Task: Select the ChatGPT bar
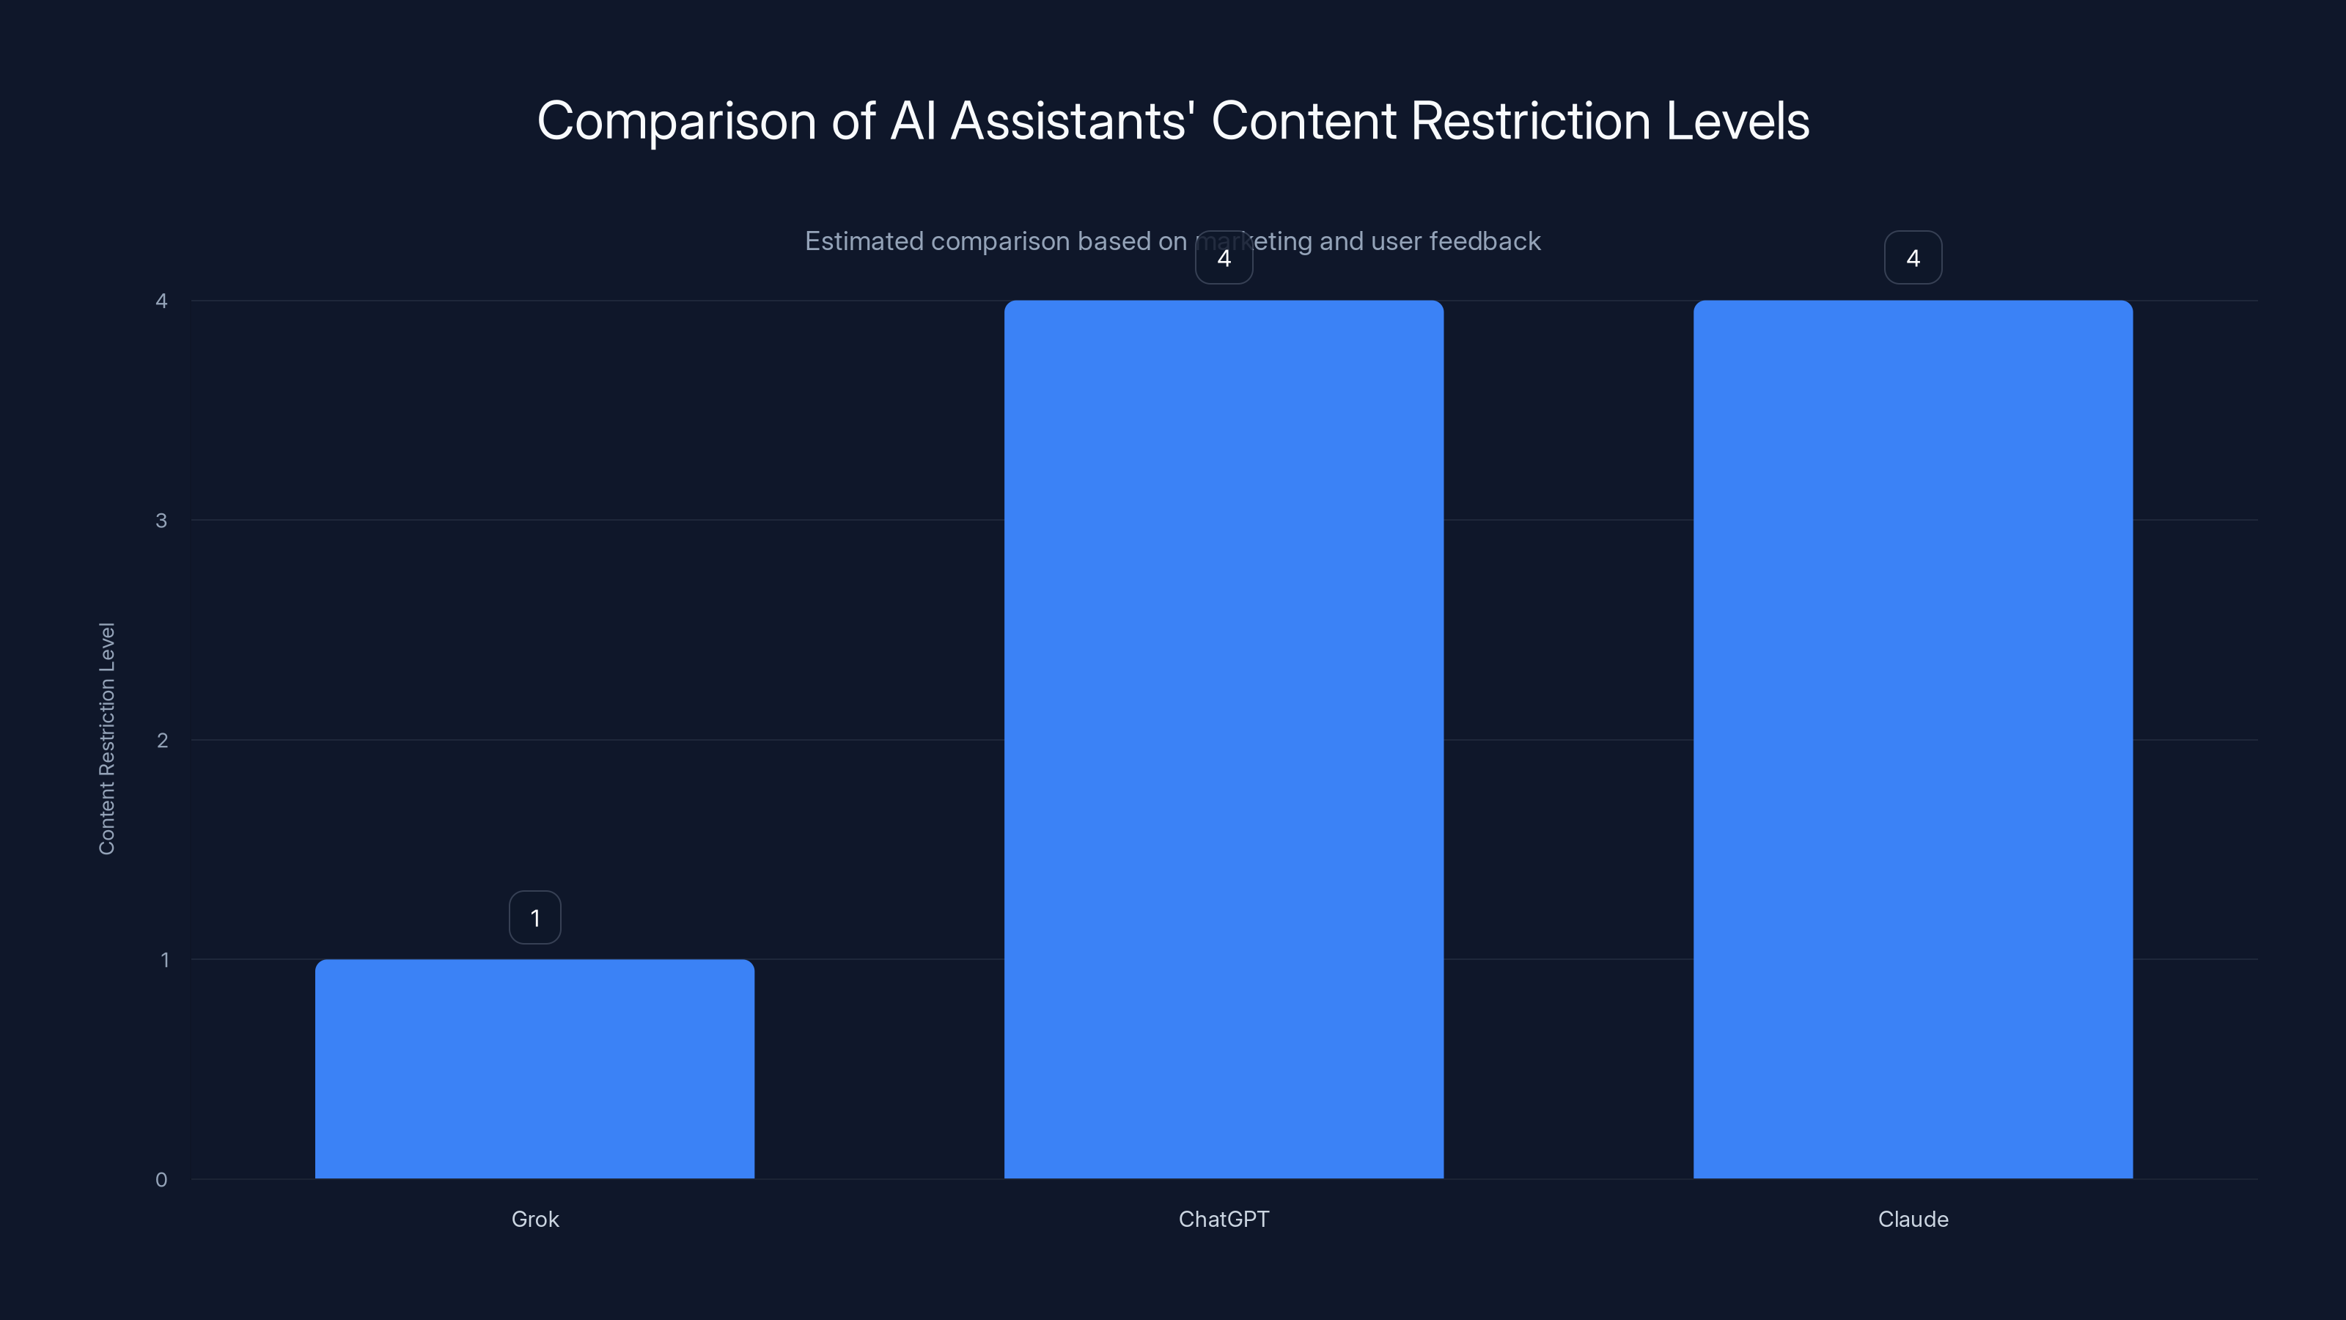1223,738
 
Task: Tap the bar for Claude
1913,738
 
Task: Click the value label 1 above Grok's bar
534,917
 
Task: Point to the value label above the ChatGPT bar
1223,258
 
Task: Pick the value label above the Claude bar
1913,258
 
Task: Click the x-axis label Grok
534,1219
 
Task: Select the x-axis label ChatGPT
1223,1219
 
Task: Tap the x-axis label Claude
1913,1219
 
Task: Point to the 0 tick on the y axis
161,1180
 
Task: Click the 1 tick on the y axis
164,959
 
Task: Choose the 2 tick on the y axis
162,740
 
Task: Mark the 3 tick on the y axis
161,520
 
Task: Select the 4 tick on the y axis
161,301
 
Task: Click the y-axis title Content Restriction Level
106,738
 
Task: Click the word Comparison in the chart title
676,121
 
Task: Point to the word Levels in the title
1737,121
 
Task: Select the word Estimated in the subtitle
864,241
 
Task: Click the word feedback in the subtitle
1485,241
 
